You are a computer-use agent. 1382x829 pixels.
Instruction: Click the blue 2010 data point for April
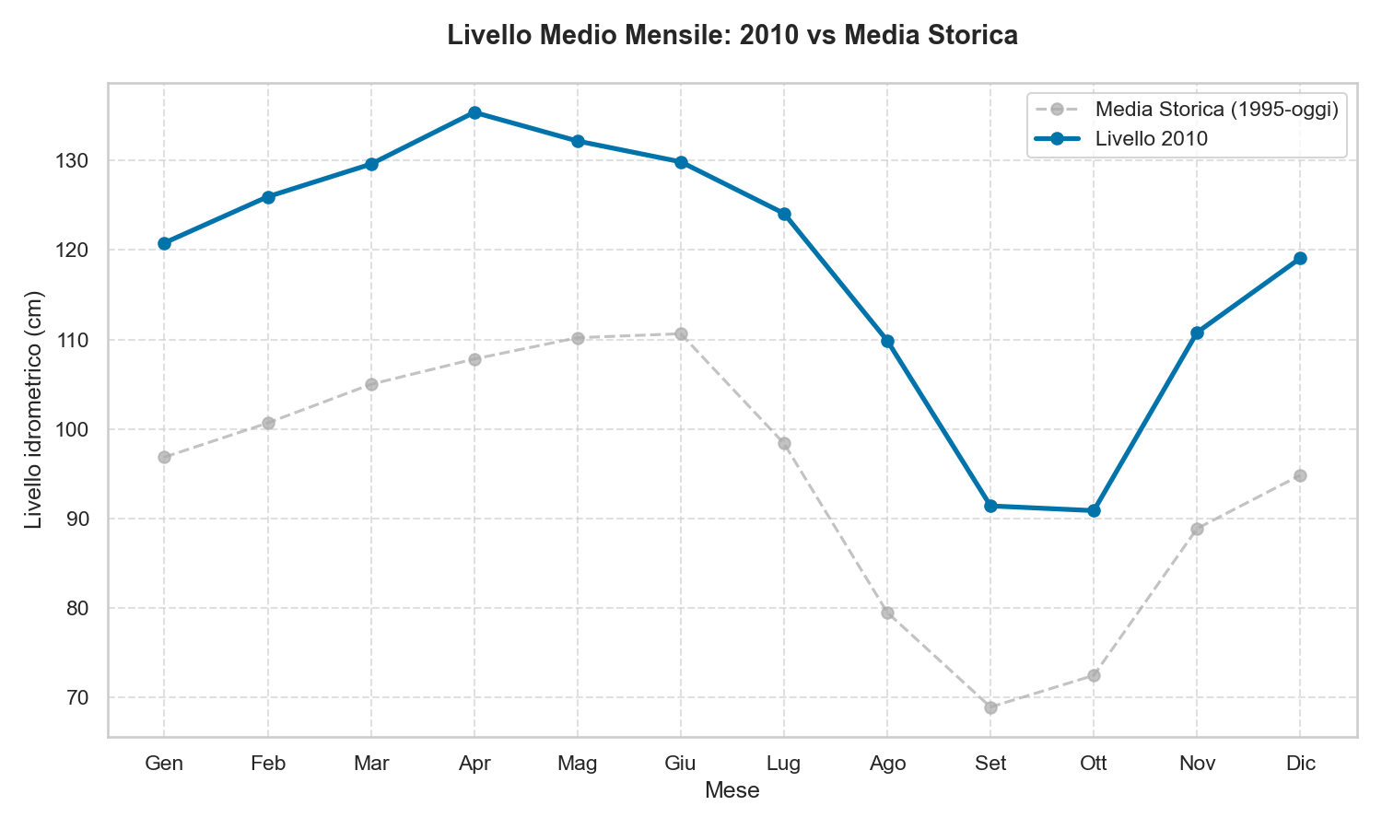click(474, 112)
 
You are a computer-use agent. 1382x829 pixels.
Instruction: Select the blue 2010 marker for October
click(1094, 510)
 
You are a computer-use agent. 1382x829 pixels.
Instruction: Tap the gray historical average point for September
click(990, 707)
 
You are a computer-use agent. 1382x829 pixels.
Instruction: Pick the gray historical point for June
click(681, 333)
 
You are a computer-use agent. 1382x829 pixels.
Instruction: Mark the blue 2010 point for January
click(164, 243)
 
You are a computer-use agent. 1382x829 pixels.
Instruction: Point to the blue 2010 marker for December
click(1300, 258)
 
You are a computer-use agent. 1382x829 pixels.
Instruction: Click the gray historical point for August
click(887, 613)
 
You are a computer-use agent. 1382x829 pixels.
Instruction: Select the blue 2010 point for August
click(887, 341)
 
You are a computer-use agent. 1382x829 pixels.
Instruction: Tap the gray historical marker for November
click(1197, 529)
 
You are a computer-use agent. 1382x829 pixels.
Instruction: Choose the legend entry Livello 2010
click(1151, 139)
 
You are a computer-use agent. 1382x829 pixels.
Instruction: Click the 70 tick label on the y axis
click(78, 698)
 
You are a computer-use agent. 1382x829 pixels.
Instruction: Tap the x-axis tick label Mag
click(578, 764)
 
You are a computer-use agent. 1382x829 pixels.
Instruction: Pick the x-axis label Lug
click(784, 764)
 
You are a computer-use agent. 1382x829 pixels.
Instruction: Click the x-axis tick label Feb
click(268, 764)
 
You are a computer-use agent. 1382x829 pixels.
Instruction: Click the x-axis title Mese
click(732, 790)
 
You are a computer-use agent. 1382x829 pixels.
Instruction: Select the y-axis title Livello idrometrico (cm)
click(34, 410)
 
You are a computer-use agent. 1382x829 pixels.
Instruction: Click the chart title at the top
click(732, 36)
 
